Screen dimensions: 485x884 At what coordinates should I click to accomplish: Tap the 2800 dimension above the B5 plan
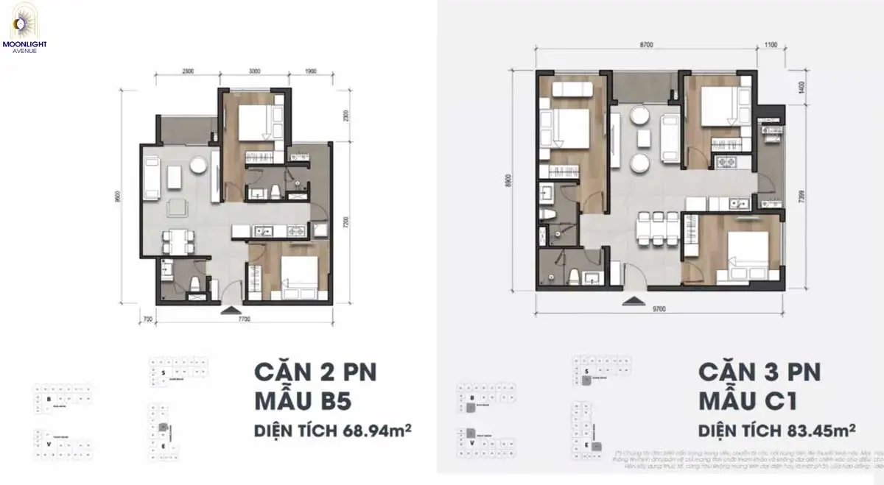coord(188,71)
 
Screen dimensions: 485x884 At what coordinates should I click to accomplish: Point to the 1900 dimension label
coord(310,71)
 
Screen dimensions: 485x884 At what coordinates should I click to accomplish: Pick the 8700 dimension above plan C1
coord(645,45)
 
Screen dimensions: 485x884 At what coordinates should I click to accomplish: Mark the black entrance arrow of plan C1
coord(631,300)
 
